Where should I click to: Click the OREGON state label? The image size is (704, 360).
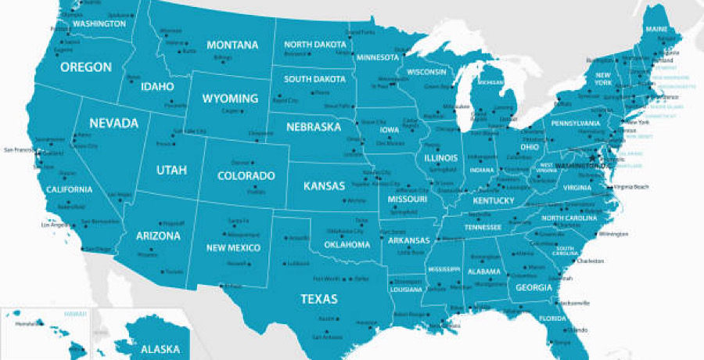tap(86, 67)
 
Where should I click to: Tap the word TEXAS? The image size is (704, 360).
tap(319, 299)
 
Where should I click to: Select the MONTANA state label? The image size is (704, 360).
tap(232, 45)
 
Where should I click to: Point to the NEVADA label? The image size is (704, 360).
tap(113, 123)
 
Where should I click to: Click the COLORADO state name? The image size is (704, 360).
tap(246, 176)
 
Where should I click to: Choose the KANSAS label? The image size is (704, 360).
tap(325, 186)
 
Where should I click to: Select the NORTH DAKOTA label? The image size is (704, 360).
tap(314, 45)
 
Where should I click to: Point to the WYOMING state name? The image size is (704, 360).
tap(230, 99)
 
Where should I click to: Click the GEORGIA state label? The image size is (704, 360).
tap(534, 287)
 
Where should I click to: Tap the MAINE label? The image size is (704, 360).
tap(657, 30)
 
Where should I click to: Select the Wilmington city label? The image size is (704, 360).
tap(615, 233)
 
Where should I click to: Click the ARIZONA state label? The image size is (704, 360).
tap(158, 236)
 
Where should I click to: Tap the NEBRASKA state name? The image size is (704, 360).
tap(313, 126)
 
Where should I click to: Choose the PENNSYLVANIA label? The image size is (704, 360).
tap(575, 123)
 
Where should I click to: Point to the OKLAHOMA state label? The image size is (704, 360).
tap(347, 245)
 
